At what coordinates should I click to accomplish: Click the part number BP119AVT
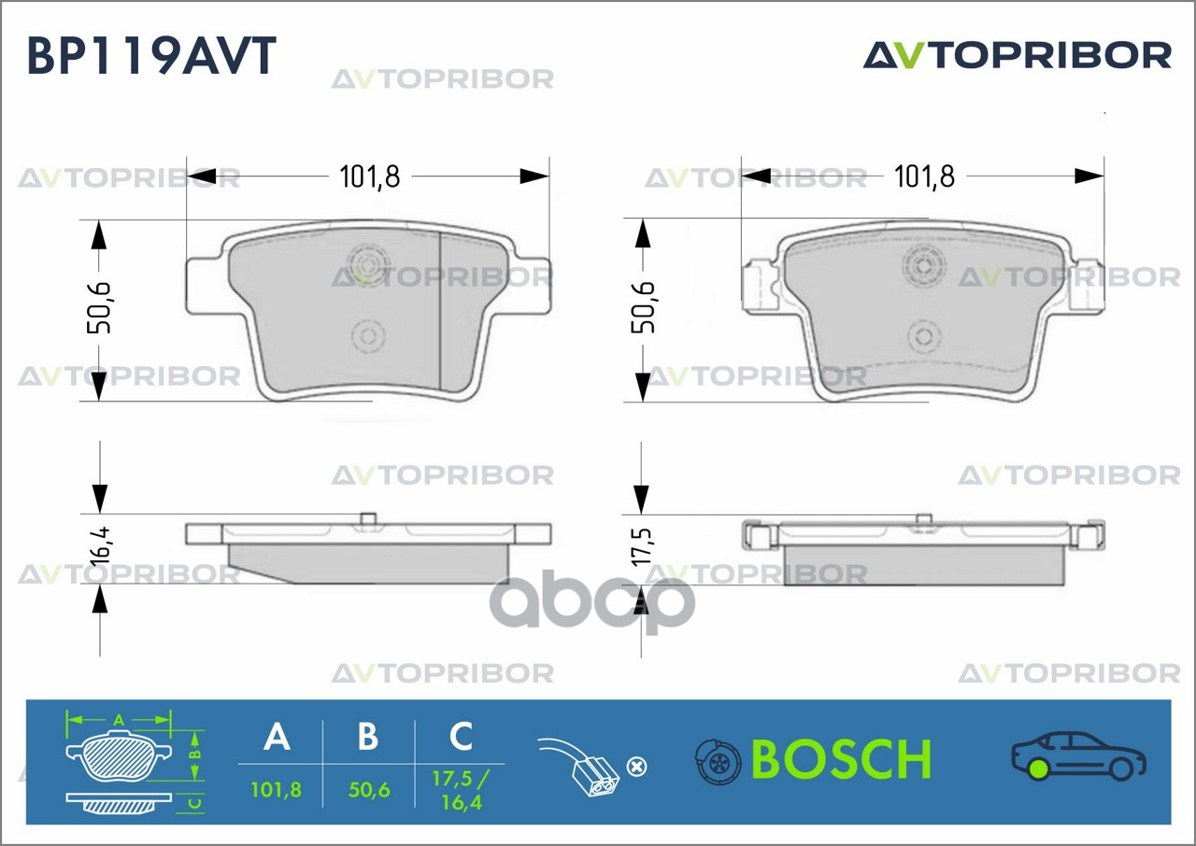click(151, 56)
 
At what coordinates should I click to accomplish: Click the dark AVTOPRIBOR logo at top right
click(1017, 55)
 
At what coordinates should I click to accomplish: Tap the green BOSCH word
click(841, 759)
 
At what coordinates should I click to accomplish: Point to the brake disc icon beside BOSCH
click(718, 762)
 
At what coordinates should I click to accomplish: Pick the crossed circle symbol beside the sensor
click(635, 768)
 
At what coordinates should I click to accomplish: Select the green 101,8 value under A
click(277, 790)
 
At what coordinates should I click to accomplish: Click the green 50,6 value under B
click(368, 790)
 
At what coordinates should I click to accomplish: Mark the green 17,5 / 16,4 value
click(460, 790)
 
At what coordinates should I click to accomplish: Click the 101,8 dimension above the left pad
click(369, 176)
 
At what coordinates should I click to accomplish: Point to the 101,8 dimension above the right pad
click(924, 176)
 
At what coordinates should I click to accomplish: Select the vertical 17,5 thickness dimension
click(642, 545)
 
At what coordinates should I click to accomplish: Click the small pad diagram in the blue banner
click(122, 766)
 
